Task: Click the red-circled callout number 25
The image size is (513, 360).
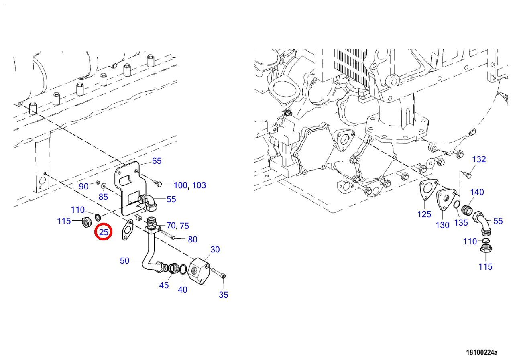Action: click(x=104, y=232)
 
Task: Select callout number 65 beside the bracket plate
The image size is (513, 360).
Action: click(x=157, y=161)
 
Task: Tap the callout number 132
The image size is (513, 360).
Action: click(x=479, y=159)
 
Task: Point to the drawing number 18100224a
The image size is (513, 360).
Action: click(x=482, y=352)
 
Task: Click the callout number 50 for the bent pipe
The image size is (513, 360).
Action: click(x=124, y=260)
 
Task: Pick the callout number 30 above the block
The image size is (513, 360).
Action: click(x=215, y=249)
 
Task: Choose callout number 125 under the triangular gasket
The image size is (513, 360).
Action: click(x=424, y=214)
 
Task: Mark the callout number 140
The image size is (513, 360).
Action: click(x=477, y=192)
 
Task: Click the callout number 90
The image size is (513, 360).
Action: click(x=83, y=186)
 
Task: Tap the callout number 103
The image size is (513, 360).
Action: click(x=199, y=185)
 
